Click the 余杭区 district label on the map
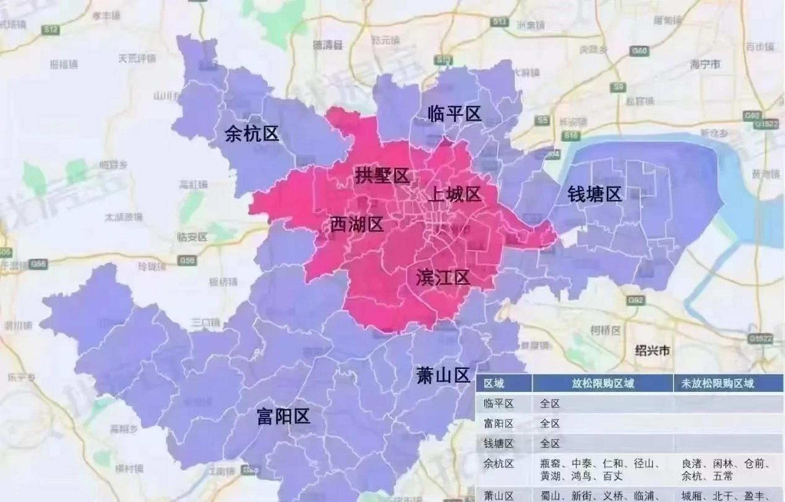point(252,134)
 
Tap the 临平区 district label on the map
point(454,114)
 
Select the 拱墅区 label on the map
point(382,175)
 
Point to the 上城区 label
point(454,194)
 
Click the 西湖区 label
point(356,225)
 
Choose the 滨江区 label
point(443,278)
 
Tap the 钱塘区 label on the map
point(595,194)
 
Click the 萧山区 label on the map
point(443,375)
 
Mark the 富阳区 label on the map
point(283,416)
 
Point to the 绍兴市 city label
point(652,350)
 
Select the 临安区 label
point(192,237)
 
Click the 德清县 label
point(328,45)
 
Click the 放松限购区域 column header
point(602,383)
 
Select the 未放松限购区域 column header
point(717,383)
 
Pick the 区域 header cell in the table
point(494,383)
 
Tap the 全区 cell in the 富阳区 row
point(549,424)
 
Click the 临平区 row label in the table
point(498,404)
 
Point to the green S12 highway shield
point(51,29)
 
